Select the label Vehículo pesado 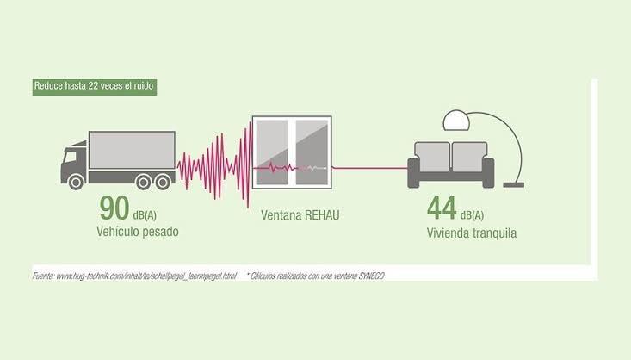138,233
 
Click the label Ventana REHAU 300,214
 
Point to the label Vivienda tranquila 472,233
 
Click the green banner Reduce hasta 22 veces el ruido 94,86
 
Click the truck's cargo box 132,150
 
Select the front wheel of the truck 76,181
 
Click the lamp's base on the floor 515,183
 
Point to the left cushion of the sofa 433,157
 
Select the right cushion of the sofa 469,157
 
